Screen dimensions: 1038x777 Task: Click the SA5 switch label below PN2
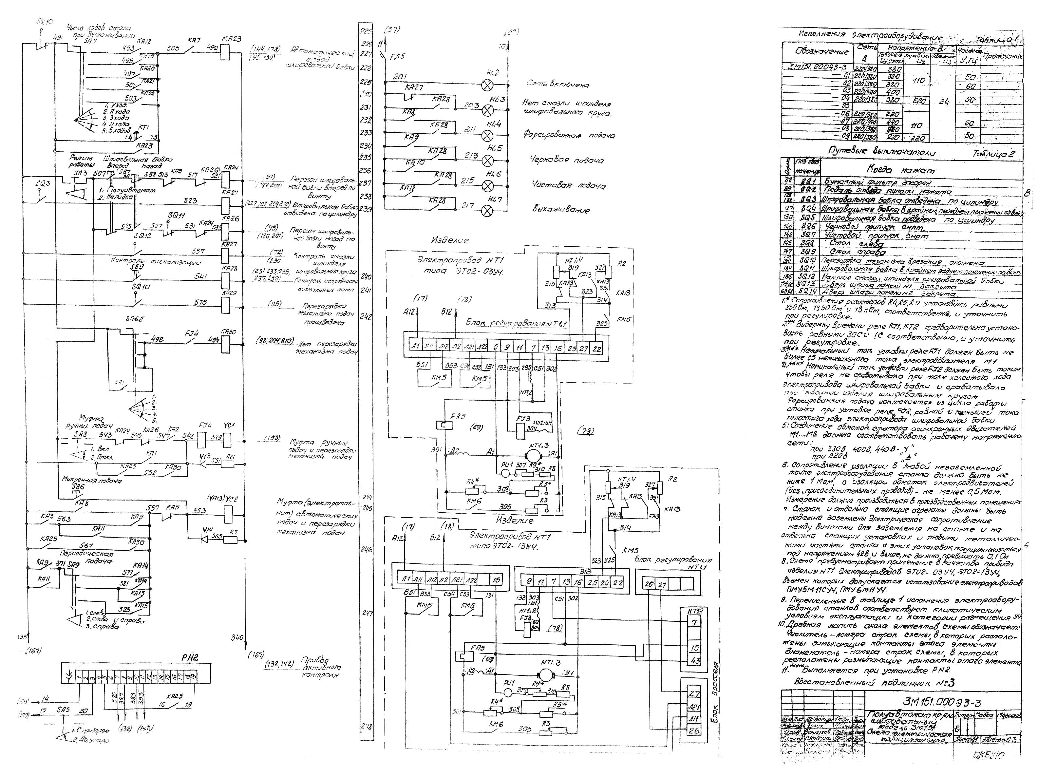(x=63, y=711)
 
